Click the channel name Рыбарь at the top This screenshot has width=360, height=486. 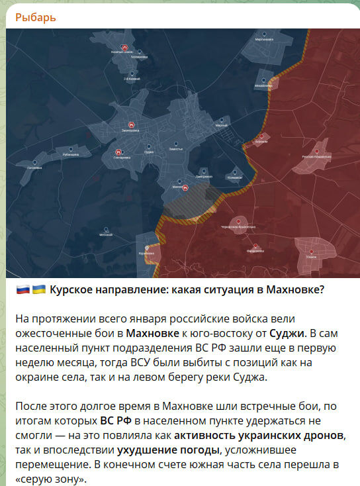tap(35, 17)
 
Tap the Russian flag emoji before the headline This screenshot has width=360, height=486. tap(22, 291)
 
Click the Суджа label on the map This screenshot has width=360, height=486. tap(149, 152)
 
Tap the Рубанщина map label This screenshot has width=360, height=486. tap(71, 154)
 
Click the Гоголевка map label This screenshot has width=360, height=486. tap(34, 168)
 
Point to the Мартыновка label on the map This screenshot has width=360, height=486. tap(265, 40)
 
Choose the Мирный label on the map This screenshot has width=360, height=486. tap(221, 126)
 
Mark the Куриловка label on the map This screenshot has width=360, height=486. tap(146, 253)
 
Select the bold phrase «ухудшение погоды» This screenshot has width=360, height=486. tap(156, 450)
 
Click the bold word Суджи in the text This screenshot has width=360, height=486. tap(287, 332)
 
